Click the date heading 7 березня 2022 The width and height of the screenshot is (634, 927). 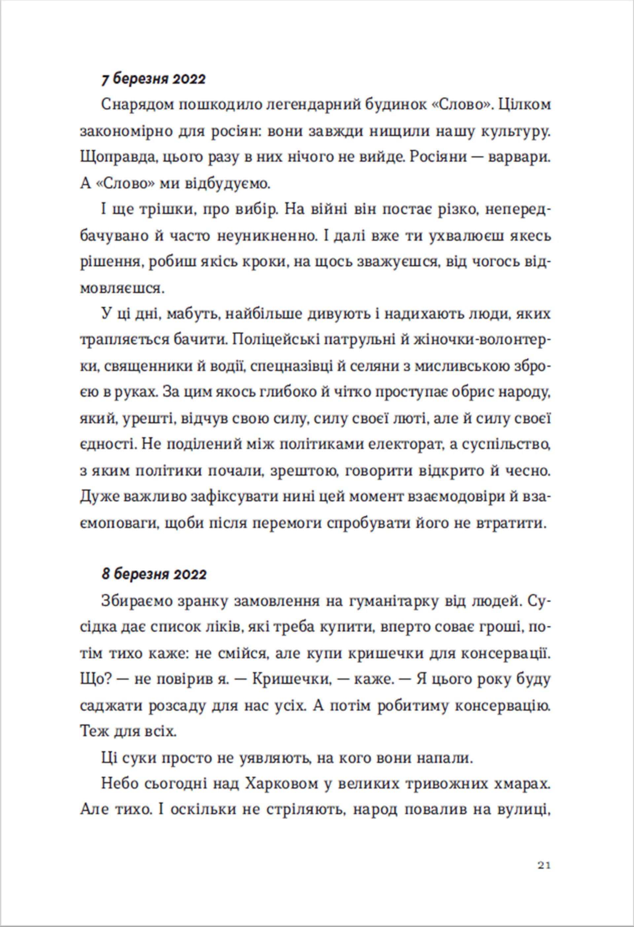click(x=154, y=79)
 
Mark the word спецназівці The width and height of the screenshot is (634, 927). click(x=292, y=366)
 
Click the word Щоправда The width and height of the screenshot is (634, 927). click(x=117, y=158)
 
